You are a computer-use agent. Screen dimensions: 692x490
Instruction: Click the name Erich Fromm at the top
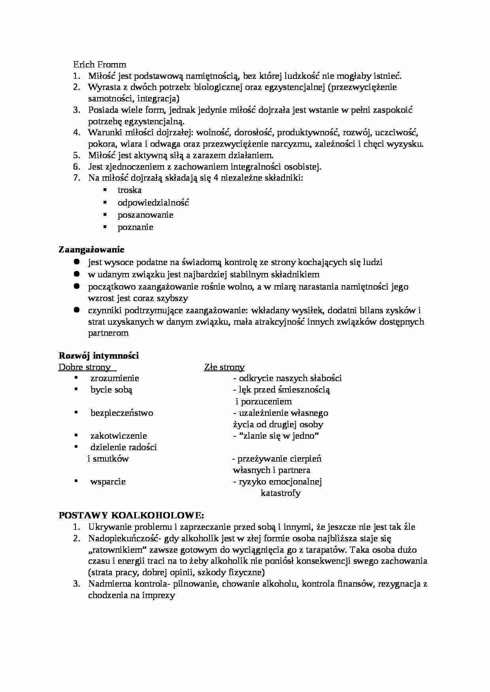100,64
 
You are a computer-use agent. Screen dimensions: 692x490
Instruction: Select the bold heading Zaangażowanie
91,250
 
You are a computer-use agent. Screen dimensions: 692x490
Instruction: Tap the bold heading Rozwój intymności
98,356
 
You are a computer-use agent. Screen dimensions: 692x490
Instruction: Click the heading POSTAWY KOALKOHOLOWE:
131,515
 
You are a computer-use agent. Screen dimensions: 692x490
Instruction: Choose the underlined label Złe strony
224,367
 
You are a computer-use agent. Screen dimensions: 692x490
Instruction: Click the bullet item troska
129,190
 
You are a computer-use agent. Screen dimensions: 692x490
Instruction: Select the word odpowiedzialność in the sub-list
153,203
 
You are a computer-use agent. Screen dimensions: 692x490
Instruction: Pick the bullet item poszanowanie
145,215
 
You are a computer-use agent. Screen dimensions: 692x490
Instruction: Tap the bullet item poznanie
135,227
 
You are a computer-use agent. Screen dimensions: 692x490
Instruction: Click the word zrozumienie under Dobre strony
115,378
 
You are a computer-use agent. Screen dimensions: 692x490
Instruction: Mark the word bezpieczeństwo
121,413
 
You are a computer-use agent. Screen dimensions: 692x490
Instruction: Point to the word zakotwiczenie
119,436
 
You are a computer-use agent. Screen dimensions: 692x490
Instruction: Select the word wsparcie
108,482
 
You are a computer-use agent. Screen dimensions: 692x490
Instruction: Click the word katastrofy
281,493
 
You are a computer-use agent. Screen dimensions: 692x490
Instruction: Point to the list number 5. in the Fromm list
77,155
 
